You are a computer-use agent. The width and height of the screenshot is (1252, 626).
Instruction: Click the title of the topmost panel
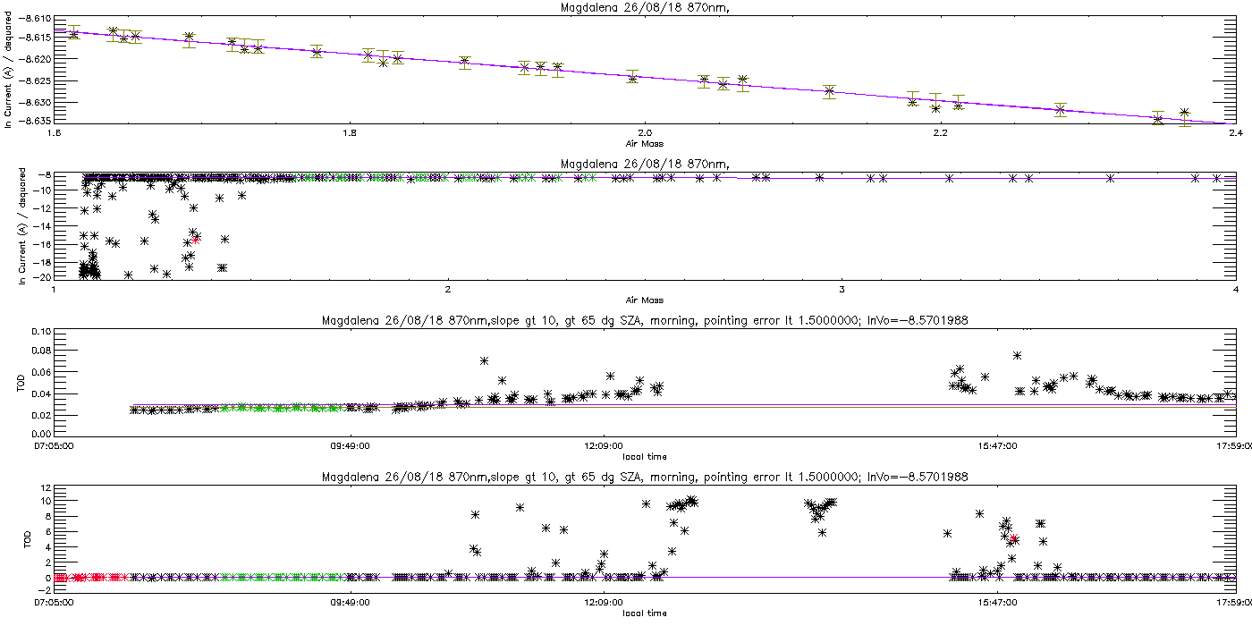(645, 8)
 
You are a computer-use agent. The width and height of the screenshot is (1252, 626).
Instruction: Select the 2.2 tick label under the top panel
(941, 133)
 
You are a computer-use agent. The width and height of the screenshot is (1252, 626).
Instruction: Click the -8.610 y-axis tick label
(35, 19)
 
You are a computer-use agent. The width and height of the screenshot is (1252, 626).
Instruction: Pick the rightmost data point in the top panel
(1184, 113)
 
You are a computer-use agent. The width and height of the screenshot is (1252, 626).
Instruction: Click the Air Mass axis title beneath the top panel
(645, 144)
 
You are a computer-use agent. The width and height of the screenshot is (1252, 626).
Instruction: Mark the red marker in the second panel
(196, 240)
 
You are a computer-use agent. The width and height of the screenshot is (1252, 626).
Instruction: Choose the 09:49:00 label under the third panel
(351, 446)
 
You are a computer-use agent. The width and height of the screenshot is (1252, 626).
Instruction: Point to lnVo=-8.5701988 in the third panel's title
(918, 321)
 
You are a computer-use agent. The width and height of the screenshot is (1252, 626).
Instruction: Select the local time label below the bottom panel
(645, 613)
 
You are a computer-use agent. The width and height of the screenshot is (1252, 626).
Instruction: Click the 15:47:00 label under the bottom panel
(998, 603)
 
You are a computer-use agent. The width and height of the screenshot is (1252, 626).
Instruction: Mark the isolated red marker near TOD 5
(1014, 538)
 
